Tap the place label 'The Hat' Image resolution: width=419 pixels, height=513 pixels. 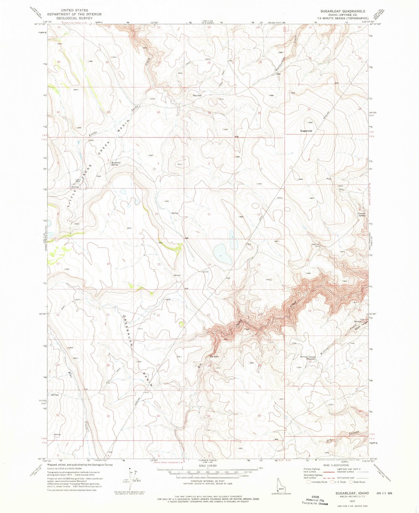(197, 96)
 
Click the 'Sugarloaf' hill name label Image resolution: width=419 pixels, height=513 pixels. (306, 131)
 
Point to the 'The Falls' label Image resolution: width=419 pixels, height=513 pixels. (214, 357)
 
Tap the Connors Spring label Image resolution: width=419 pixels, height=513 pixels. (362, 214)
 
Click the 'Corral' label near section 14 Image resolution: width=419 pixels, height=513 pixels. (206, 272)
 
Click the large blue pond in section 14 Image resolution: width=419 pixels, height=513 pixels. (223, 254)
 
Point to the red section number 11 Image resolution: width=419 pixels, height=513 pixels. (209, 214)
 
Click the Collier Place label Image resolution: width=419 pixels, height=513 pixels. (78, 181)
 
